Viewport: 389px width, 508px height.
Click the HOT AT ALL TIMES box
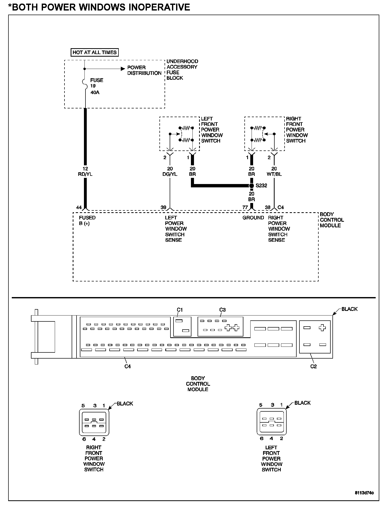(x=94, y=52)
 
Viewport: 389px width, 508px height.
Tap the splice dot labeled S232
(x=252, y=185)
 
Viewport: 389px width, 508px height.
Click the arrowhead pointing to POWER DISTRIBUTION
(x=122, y=69)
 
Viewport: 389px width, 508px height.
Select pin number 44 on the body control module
(x=79, y=207)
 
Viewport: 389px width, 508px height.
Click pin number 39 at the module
(x=163, y=207)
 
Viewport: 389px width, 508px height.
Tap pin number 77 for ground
(x=245, y=207)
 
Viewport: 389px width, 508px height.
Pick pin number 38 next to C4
(x=268, y=207)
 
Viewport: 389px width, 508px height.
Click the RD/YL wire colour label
(x=85, y=174)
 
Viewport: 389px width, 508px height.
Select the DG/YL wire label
(x=170, y=174)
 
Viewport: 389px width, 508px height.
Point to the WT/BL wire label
(x=274, y=174)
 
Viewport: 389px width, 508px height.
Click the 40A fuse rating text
(x=95, y=92)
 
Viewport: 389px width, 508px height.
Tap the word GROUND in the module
(x=253, y=218)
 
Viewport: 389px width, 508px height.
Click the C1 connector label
(x=180, y=310)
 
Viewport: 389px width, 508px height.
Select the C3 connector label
(x=222, y=310)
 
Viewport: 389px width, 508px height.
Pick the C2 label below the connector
(x=314, y=366)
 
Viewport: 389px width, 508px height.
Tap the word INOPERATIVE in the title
(x=159, y=7)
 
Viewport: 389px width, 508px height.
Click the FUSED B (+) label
(x=87, y=220)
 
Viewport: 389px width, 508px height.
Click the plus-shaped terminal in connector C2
(x=322, y=328)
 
